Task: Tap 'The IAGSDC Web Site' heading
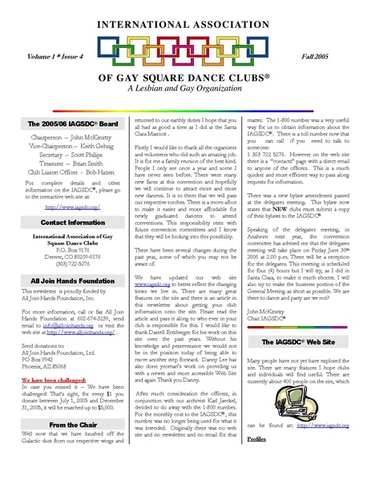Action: tap(294, 341)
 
